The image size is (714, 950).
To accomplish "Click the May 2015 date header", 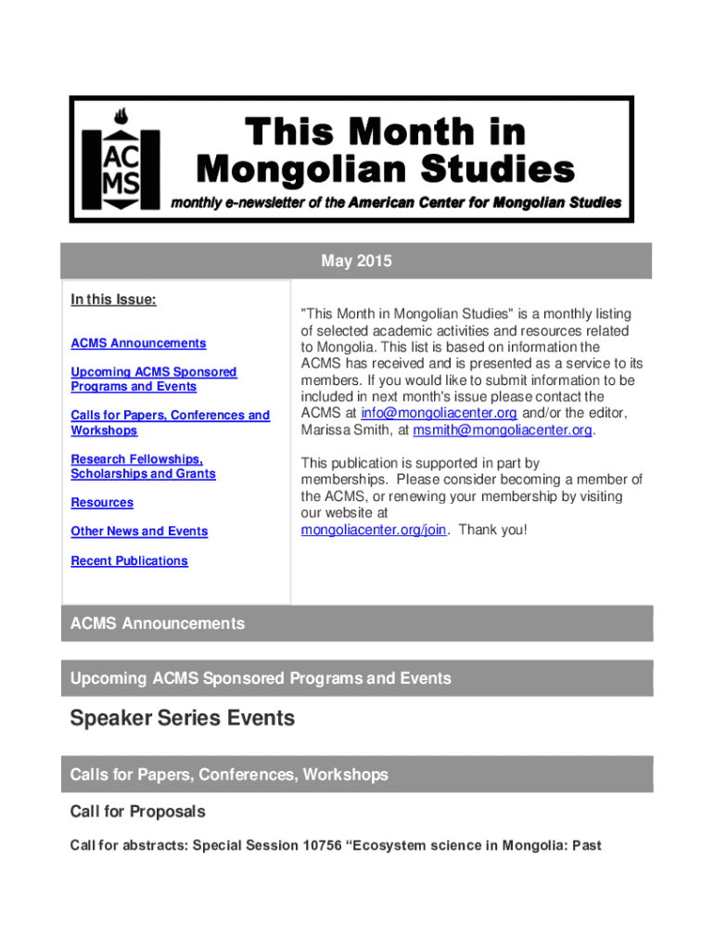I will pos(356,262).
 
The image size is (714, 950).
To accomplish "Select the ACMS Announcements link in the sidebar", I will pos(138,343).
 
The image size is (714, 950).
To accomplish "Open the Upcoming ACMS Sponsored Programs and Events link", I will pos(153,379).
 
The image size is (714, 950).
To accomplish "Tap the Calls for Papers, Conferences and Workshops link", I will pos(170,422).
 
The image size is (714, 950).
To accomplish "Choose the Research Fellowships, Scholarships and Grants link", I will pos(143,466).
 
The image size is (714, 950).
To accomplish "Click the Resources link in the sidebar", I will pos(102,502).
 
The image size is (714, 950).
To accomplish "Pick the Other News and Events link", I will pos(139,531).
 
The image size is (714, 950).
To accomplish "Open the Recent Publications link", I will pos(129,560).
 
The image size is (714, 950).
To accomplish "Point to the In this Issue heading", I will pos(113,300).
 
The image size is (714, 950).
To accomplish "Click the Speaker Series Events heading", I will pos(183,718).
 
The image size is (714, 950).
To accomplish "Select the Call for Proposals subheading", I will pos(138,812).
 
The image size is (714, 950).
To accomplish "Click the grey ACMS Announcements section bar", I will pos(356,623).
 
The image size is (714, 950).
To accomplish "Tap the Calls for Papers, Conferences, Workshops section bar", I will pos(356,774).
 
